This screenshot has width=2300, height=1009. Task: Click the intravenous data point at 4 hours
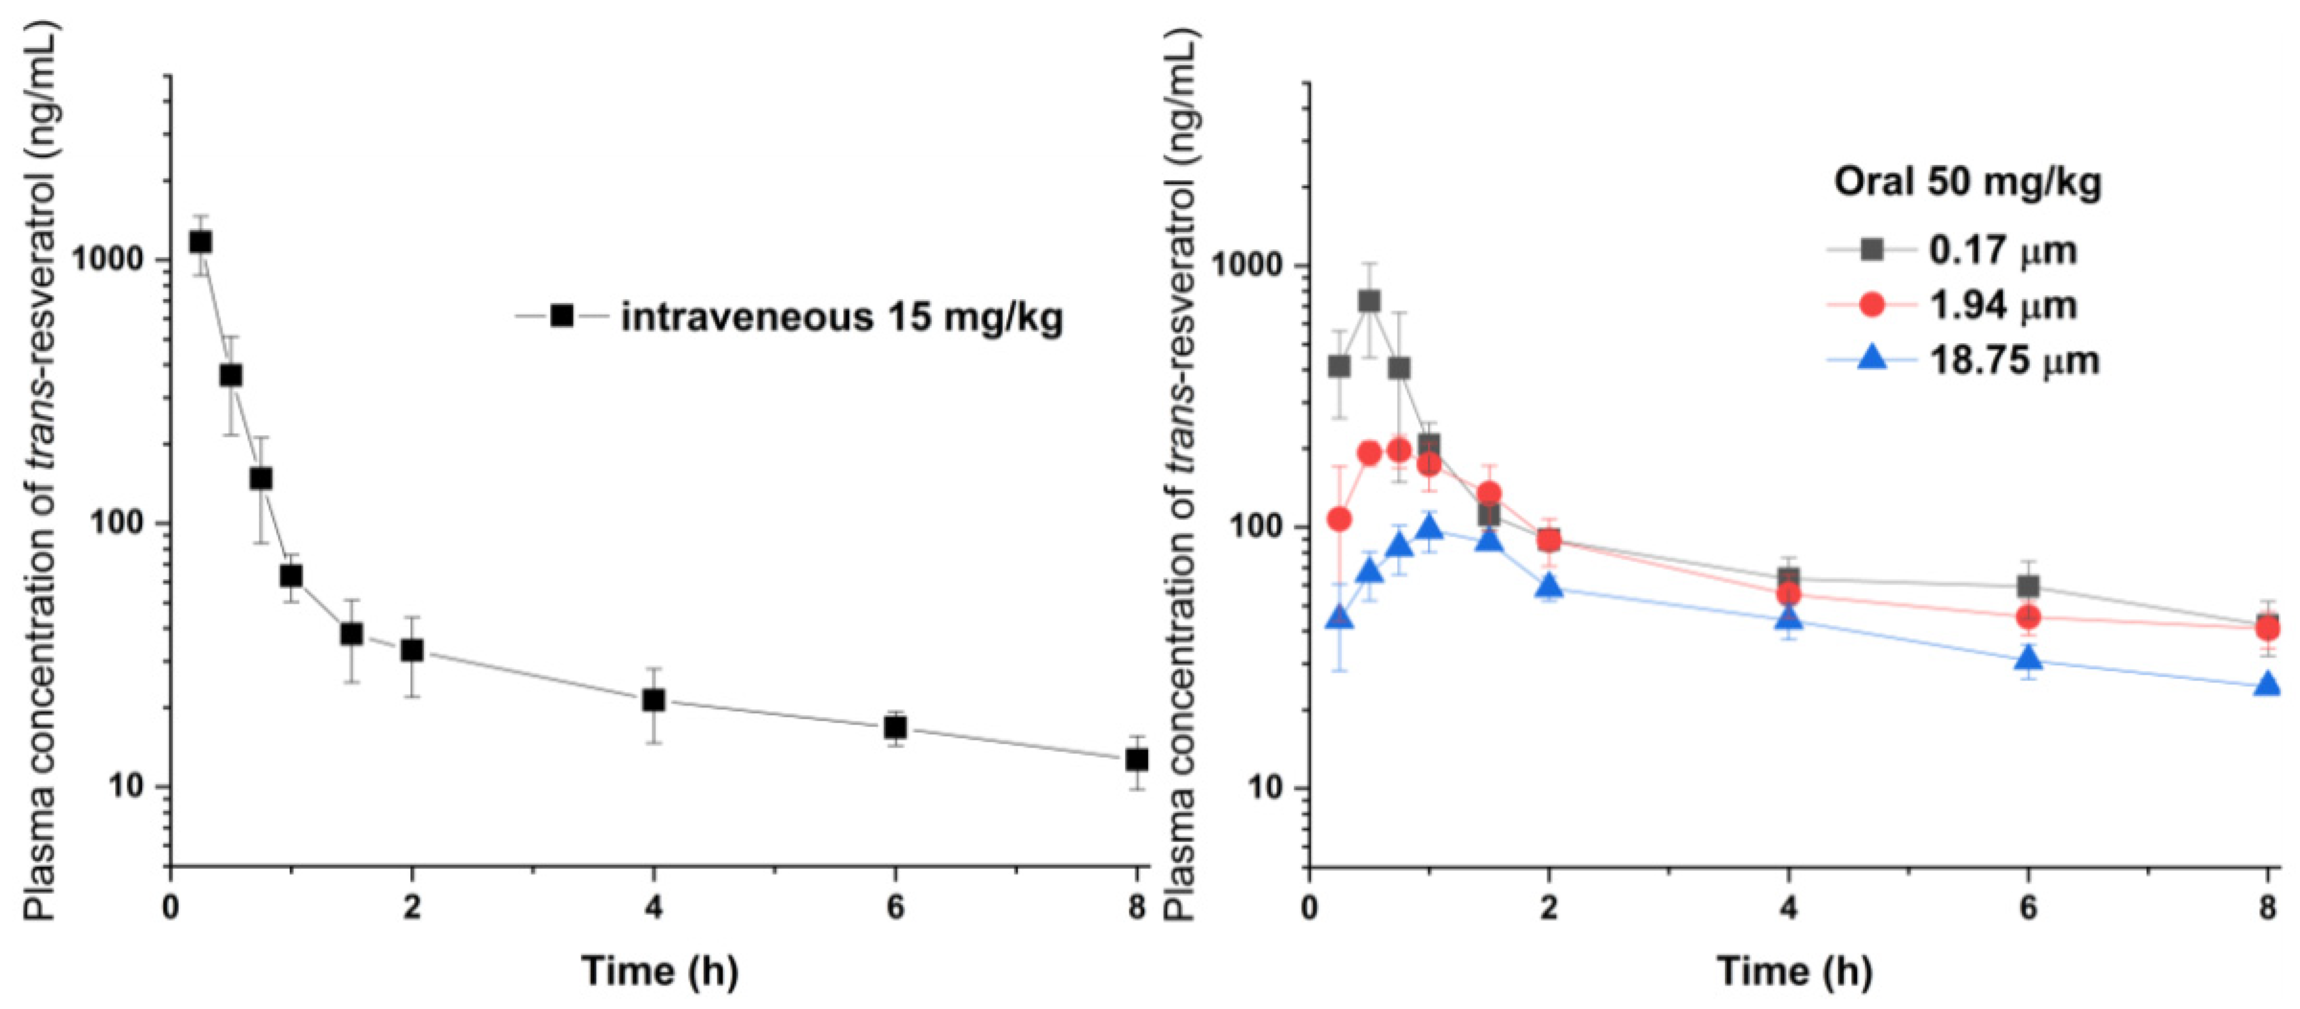653,700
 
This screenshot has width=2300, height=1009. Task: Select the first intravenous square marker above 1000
201,242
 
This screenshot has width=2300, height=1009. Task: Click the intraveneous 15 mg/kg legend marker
561,316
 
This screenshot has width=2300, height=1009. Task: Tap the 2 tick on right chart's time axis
1549,908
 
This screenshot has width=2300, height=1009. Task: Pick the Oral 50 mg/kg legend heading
1968,182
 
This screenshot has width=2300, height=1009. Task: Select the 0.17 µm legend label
2002,250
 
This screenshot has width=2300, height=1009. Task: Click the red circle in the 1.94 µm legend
1871,305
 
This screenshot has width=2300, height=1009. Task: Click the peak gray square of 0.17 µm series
1369,302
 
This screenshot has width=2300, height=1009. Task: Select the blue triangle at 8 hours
2267,686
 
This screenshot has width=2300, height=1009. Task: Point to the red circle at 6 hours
2029,616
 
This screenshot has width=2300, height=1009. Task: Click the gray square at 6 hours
2029,587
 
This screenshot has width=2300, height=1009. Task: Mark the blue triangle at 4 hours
1788,618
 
